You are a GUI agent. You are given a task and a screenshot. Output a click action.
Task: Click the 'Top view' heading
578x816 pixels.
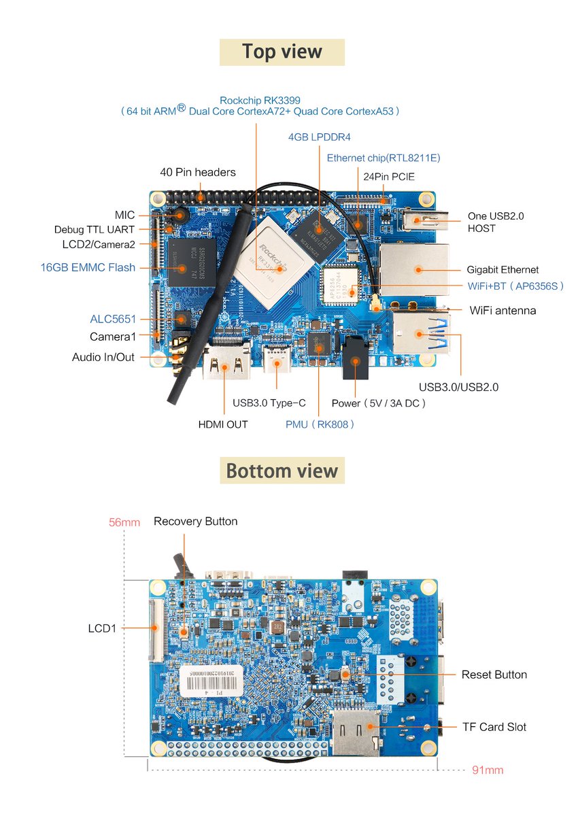282,52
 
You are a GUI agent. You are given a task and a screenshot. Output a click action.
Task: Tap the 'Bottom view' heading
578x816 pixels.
282,471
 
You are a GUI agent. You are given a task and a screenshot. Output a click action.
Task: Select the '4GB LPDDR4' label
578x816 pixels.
320,137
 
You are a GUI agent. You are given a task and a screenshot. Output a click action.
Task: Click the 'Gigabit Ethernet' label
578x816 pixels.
503,270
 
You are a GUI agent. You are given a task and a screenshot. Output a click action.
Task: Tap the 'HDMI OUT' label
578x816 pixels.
223,424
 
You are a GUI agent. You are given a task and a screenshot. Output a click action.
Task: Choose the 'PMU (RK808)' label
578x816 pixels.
320,424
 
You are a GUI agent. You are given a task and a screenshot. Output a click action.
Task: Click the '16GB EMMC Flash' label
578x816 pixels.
88,267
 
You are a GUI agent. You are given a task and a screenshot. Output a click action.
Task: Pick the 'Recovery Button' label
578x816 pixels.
196,522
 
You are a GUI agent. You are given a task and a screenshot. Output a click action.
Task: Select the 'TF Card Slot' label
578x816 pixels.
494,727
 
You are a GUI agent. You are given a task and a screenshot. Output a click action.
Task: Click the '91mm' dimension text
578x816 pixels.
488,770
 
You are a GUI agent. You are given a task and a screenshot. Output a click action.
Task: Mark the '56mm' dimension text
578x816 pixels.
124,522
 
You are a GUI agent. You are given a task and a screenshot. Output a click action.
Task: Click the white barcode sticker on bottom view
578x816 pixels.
212,679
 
